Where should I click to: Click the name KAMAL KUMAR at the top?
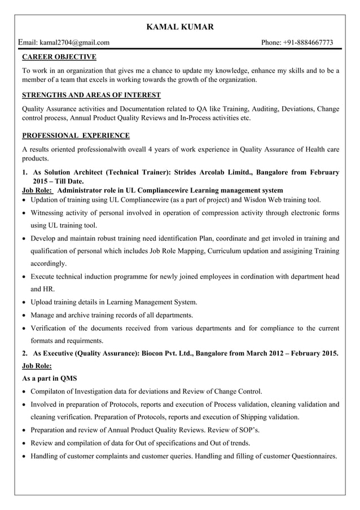[180, 27]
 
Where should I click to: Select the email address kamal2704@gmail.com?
[74, 42]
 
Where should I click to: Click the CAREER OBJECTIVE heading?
[59, 57]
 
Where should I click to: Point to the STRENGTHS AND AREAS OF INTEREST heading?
[91, 95]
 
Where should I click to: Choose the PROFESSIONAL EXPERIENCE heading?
[75, 136]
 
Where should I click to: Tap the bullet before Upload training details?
[24, 303]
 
